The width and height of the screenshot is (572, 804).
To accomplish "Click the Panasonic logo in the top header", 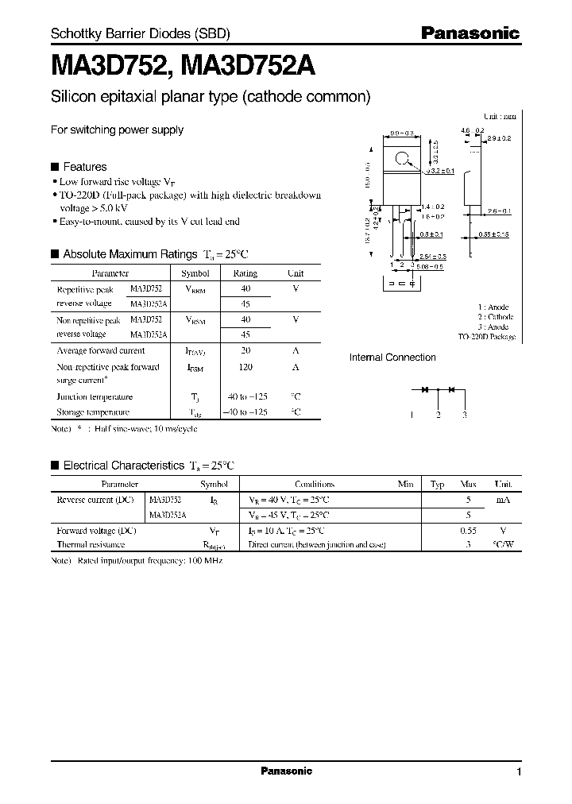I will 470,33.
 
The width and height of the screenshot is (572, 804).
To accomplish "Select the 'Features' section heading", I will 84,167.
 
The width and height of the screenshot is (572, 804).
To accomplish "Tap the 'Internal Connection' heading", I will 392,358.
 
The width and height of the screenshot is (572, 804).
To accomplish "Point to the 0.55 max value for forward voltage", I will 469,530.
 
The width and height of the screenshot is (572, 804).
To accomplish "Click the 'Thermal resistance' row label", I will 91,545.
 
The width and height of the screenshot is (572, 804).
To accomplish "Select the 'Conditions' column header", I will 314,484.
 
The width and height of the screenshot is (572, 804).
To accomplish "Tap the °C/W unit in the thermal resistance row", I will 502,545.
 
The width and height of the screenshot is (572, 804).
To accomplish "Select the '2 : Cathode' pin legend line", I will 496,317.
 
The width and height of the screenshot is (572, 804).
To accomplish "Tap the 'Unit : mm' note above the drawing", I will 500,116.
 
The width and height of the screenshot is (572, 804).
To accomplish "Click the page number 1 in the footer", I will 519,772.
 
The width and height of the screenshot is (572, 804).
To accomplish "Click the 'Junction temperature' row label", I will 95,396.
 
